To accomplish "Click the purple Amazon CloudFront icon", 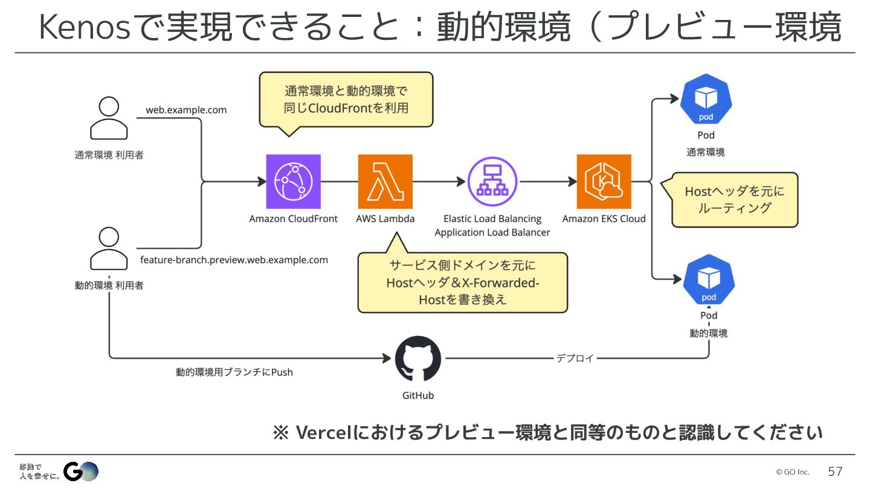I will pyautogui.click(x=294, y=182).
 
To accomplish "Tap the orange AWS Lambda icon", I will pyautogui.click(x=385, y=182).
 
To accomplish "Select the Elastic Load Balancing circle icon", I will pyautogui.click(x=492, y=182).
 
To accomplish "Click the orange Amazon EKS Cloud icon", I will pyautogui.click(x=604, y=182).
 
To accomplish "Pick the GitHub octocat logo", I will pyautogui.click(x=418, y=359).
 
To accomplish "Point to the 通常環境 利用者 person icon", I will pyautogui.click(x=109, y=118).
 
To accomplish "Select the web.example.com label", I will pyautogui.click(x=186, y=110).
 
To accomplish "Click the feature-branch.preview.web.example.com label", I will pyautogui.click(x=234, y=260).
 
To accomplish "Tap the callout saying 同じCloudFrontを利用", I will pyautogui.click(x=346, y=100).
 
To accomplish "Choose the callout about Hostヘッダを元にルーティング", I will pyautogui.click(x=735, y=200).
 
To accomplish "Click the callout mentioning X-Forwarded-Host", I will pyautogui.click(x=463, y=283).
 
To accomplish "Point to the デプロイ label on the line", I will pyautogui.click(x=575, y=358).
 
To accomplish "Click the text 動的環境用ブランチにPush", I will pyautogui.click(x=234, y=372).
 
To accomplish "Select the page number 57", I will pyautogui.click(x=835, y=471).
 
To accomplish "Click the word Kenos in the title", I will pyautogui.click(x=85, y=28).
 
